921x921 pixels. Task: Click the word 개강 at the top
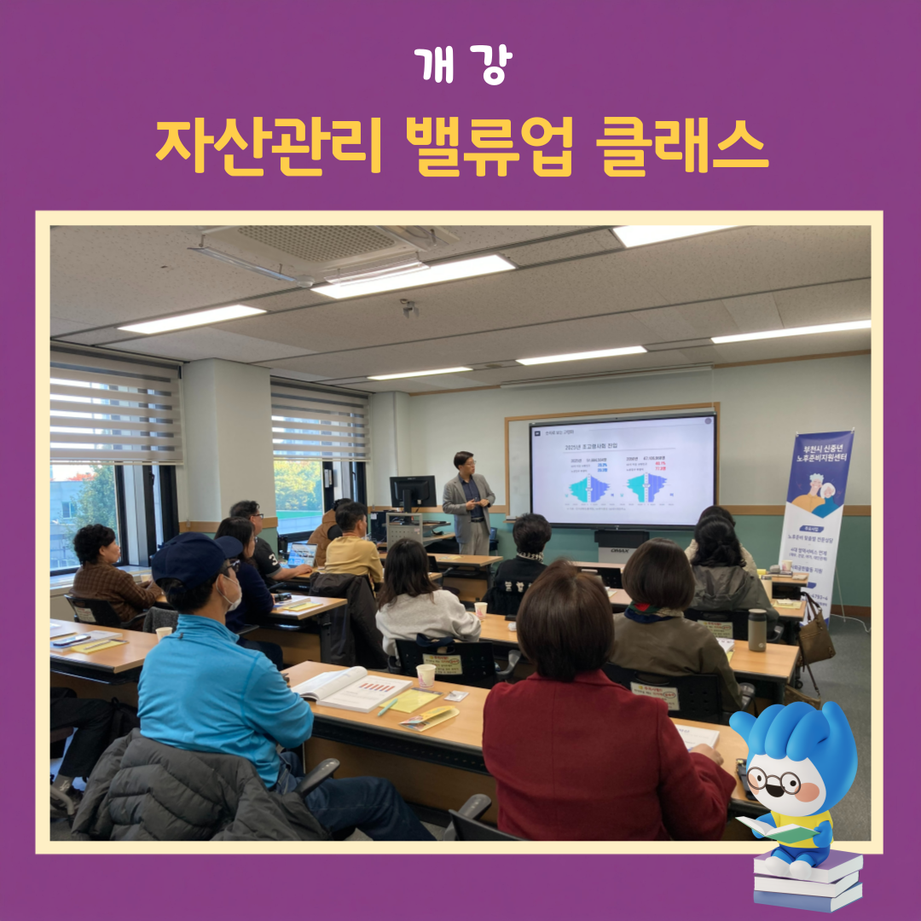coord(461,67)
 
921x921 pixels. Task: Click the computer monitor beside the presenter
coord(413,493)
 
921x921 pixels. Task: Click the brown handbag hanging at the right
coord(816,640)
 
